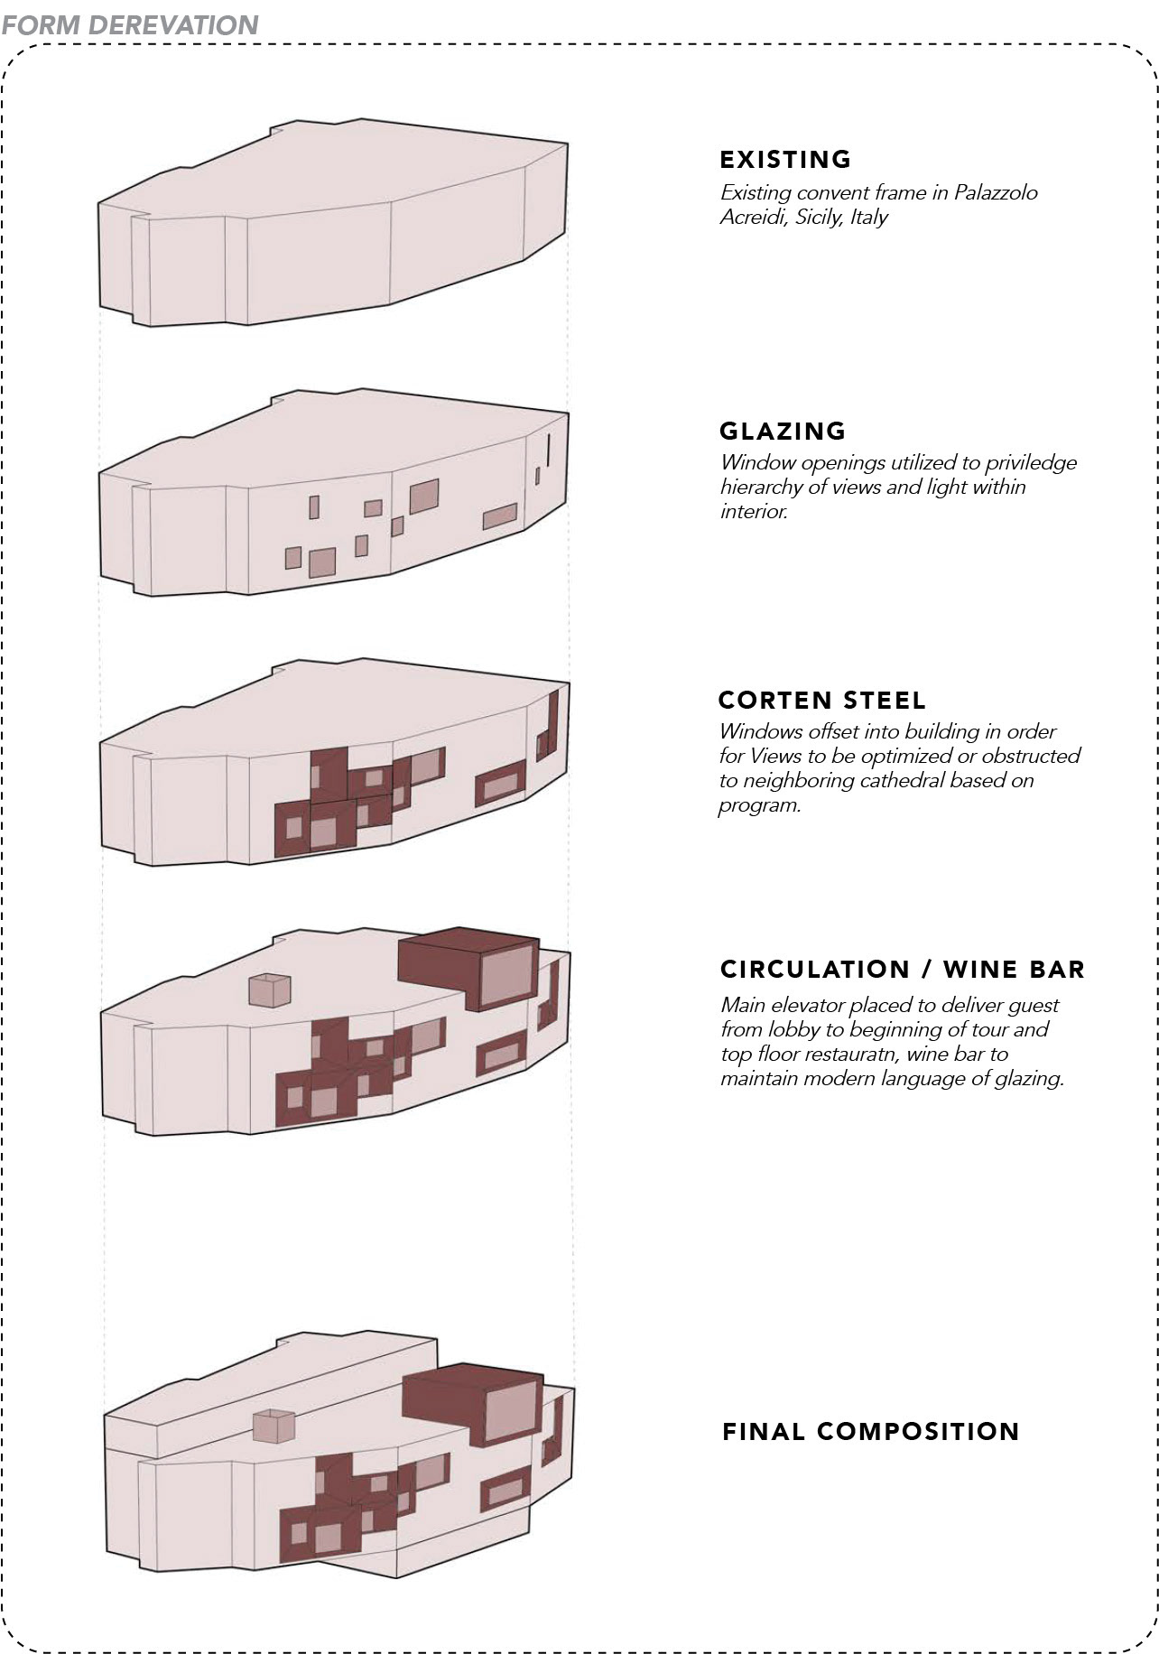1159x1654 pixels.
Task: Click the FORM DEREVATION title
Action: pos(130,24)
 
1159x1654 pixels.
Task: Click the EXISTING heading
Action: pos(785,160)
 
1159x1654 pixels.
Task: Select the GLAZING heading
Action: pos(783,431)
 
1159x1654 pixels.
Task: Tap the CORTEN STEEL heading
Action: pos(822,701)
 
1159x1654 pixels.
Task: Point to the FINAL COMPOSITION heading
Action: pos(871,1432)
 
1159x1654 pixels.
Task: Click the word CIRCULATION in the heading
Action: pos(815,970)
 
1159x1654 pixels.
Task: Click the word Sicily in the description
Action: pos(819,217)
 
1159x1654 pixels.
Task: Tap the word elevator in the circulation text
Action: pos(811,1005)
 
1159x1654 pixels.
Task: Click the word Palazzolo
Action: pos(996,192)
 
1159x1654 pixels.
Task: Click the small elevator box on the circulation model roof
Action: pos(270,990)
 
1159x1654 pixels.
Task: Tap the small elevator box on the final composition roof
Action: pos(274,1426)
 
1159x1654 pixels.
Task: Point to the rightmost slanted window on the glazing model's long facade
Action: pos(499,516)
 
